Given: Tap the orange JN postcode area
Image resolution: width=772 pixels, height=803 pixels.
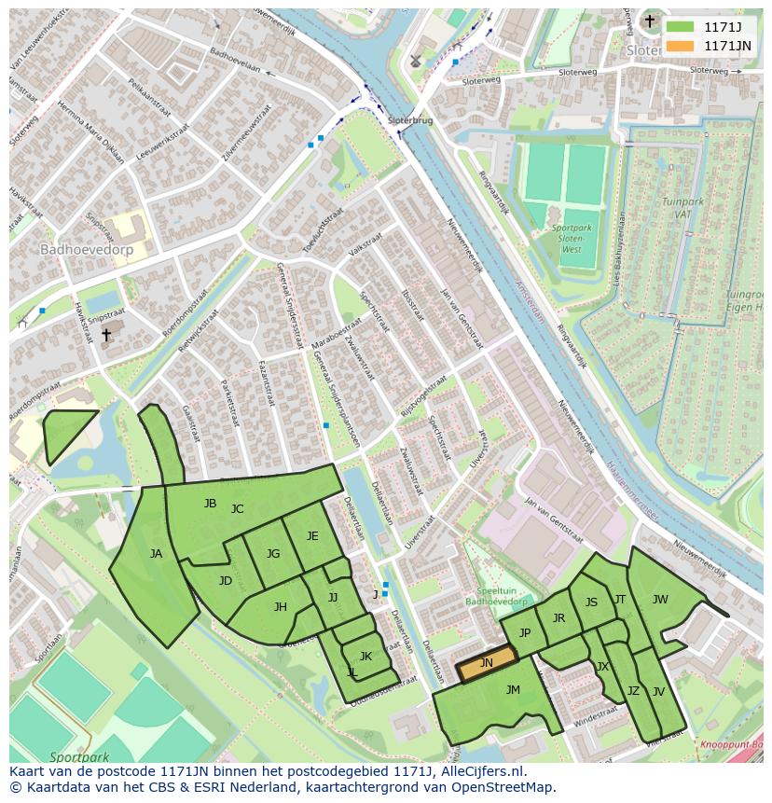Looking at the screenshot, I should [x=486, y=663].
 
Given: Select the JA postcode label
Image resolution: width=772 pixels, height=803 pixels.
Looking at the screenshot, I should [x=156, y=554].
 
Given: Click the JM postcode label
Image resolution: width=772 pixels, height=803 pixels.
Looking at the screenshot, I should [x=513, y=690].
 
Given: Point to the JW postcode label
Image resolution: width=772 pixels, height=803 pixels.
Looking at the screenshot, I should [x=660, y=600].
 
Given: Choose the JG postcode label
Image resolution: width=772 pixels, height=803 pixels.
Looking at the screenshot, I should [x=273, y=554].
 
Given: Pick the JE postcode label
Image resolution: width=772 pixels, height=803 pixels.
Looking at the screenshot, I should [x=312, y=536].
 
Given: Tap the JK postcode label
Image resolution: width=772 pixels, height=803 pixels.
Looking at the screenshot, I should [x=365, y=657].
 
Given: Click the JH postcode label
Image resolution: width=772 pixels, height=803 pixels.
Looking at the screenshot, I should [x=280, y=607].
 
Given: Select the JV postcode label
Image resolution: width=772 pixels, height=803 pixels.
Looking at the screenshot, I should [x=658, y=692].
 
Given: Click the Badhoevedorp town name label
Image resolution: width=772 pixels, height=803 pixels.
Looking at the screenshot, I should [x=86, y=250].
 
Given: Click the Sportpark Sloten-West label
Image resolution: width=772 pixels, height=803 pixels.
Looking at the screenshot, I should [x=565, y=239].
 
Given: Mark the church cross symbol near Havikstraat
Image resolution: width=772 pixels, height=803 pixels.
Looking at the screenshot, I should [x=105, y=334].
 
